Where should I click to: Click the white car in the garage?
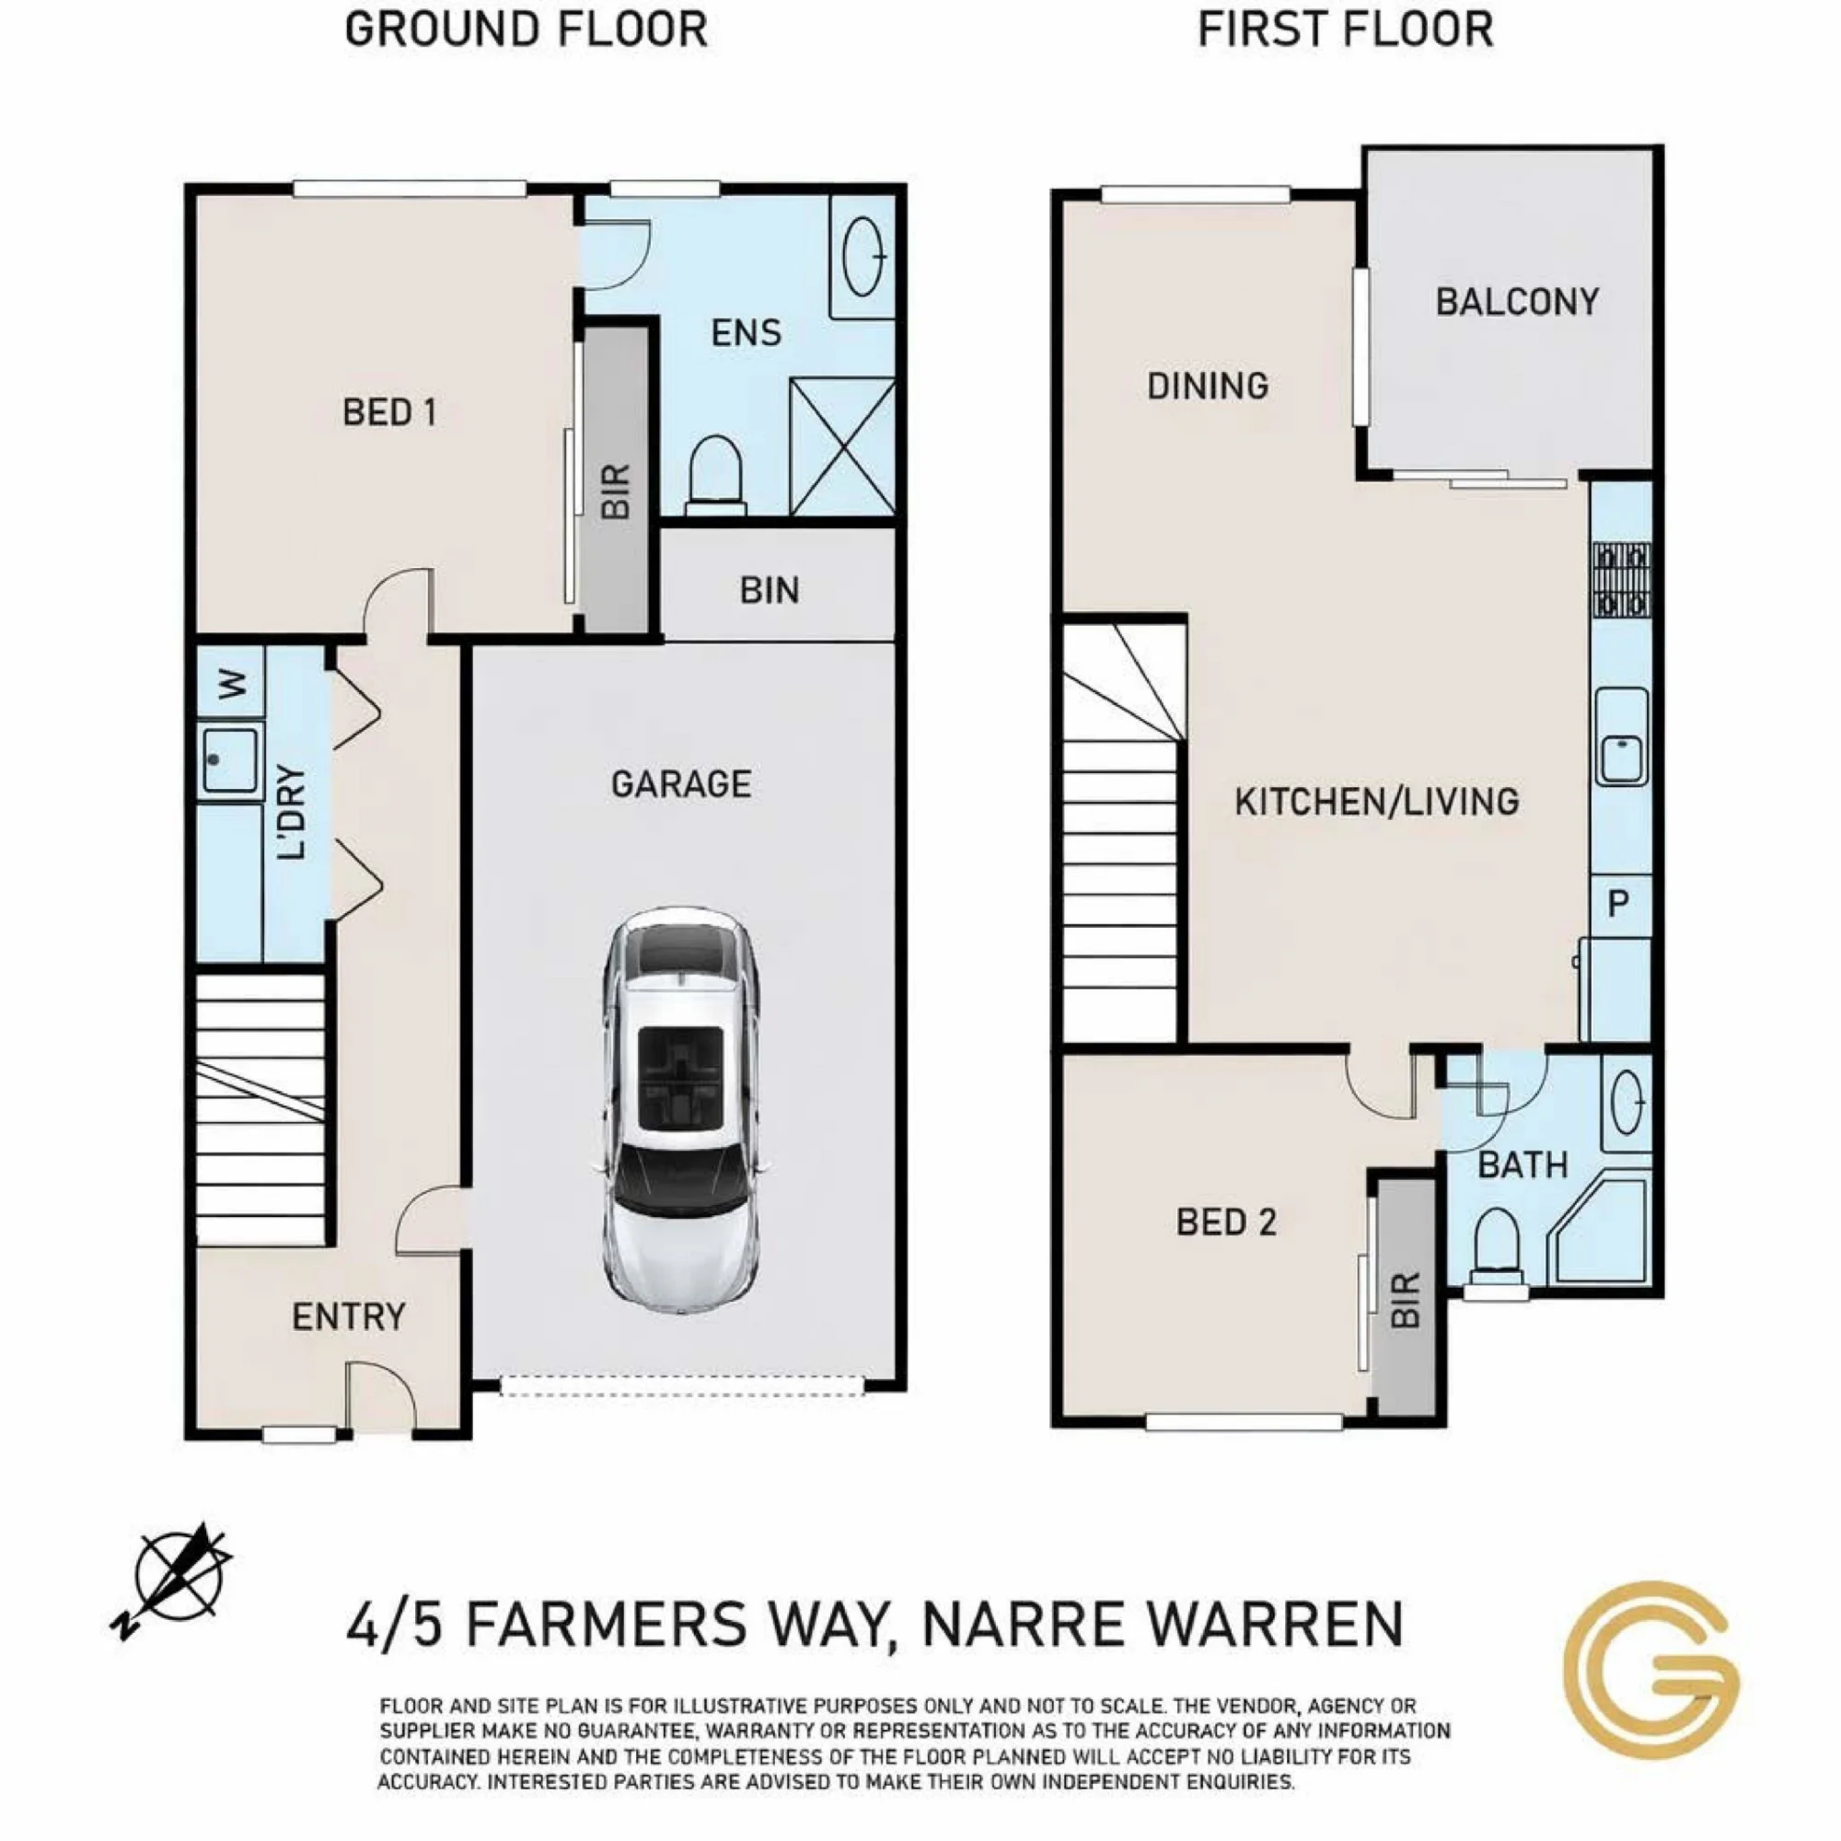click(x=681, y=1111)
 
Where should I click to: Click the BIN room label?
click(x=769, y=591)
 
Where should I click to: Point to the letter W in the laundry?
click(x=232, y=684)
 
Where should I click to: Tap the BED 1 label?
click(x=388, y=412)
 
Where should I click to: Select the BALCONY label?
click(x=1517, y=302)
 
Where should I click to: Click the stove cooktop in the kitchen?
click(x=1621, y=579)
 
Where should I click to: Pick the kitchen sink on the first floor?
click(x=1622, y=736)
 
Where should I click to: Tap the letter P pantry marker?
click(x=1617, y=902)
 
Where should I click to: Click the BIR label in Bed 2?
click(x=1406, y=1300)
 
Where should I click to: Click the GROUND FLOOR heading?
click(x=526, y=29)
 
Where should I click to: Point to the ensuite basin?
click(x=863, y=258)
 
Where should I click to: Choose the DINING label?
click(x=1208, y=386)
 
